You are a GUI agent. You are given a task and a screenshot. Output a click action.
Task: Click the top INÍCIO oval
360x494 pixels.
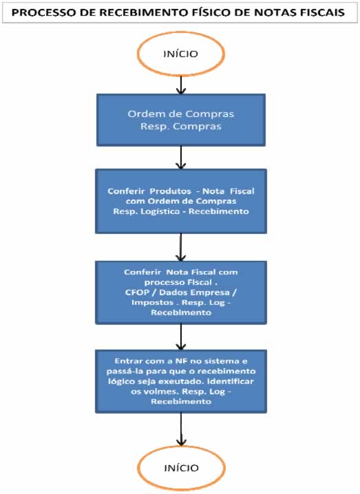[180, 53]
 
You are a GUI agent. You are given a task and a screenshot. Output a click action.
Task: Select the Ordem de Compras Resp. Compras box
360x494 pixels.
[180, 120]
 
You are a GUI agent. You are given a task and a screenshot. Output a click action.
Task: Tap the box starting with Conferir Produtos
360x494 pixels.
[180, 201]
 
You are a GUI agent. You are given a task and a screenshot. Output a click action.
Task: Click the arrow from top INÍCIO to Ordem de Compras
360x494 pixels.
[180, 84]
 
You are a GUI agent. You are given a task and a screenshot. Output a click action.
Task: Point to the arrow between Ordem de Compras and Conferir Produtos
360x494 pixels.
[180, 158]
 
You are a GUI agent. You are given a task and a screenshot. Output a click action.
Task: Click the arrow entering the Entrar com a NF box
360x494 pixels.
[180, 336]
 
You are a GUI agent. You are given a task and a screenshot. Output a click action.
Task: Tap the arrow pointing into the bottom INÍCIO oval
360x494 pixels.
[180, 431]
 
